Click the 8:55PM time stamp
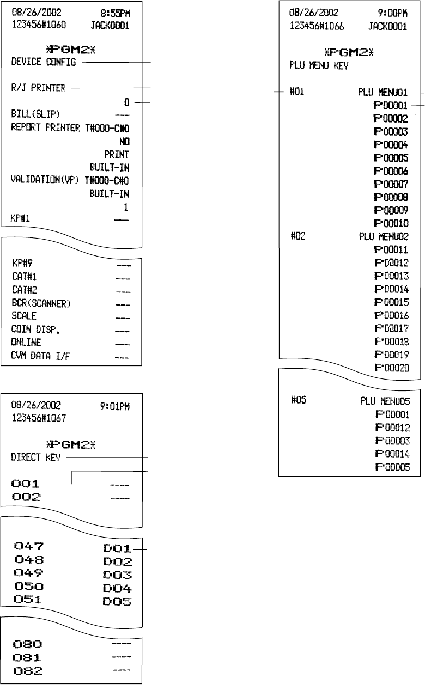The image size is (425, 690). coord(119,12)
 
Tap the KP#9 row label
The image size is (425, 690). coord(22,263)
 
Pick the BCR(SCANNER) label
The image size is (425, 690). coord(39,303)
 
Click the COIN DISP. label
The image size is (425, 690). coord(32,330)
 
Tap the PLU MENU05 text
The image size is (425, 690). coord(385,402)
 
